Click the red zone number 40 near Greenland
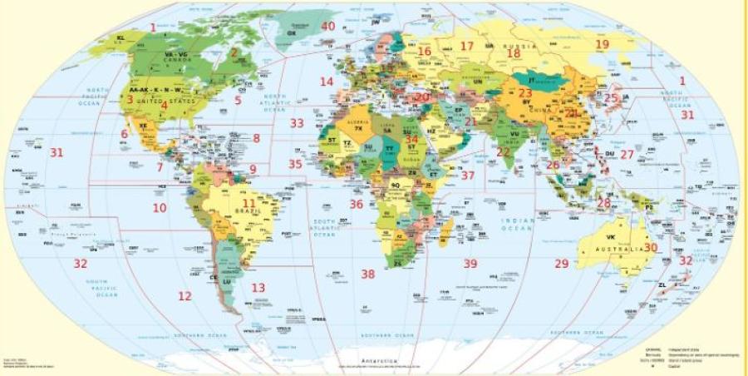[x=328, y=26]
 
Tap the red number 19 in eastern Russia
[x=602, y=44]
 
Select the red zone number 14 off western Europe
[x=327, y=82]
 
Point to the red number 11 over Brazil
[x=249, y=203]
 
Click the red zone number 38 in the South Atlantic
[x=367, y=274]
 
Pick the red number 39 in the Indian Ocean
[x=470, y=264]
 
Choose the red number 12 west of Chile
[x=185, y=295]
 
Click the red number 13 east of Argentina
[x=258, y=288]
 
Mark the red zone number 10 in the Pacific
[x=159, y=207]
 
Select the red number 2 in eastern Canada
[x=234, y=52]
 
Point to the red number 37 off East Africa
[x=468, y=176]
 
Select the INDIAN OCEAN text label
[x=516, y=223]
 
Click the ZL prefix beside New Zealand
[x=662, y=284]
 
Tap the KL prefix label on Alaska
[x=121, y=37]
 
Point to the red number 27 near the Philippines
[x=627, y=155]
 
